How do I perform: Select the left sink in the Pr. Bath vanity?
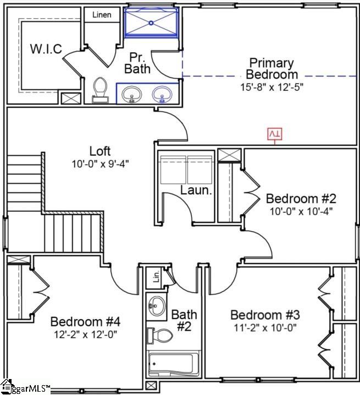[x=132, y=94]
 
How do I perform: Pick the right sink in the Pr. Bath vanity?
[x=162, y=94]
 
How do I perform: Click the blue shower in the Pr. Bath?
[x=152, y=23]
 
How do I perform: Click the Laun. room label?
[x=193, y=190]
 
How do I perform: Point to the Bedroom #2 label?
[x=300, y=199]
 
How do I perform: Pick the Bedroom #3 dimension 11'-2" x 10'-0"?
[x=265, y=327]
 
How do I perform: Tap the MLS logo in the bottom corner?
[x=26, y=388]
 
